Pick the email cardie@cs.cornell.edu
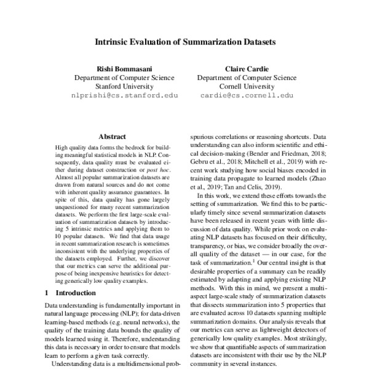(246, 96)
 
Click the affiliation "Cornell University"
(246, 87)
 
